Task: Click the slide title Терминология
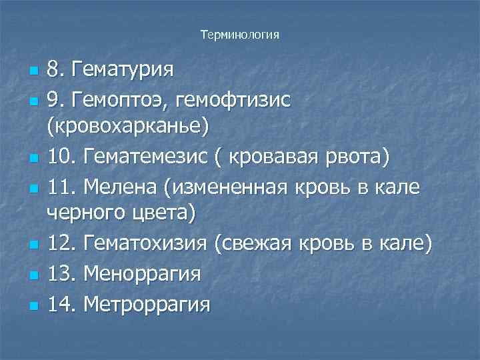pyautogui.click(x=239, y=34)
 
